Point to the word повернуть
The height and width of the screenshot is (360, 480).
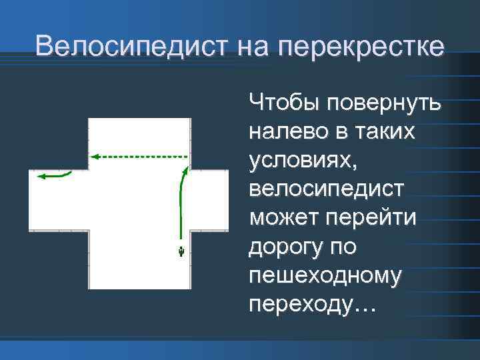[383, 103]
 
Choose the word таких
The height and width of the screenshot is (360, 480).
[385, 132]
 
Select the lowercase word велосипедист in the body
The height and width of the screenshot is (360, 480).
[326, 189]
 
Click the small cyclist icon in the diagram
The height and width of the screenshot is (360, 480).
[181, 251]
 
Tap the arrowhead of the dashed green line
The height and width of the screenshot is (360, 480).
[94, 156]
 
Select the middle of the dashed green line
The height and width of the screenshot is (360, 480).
[140, 156]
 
